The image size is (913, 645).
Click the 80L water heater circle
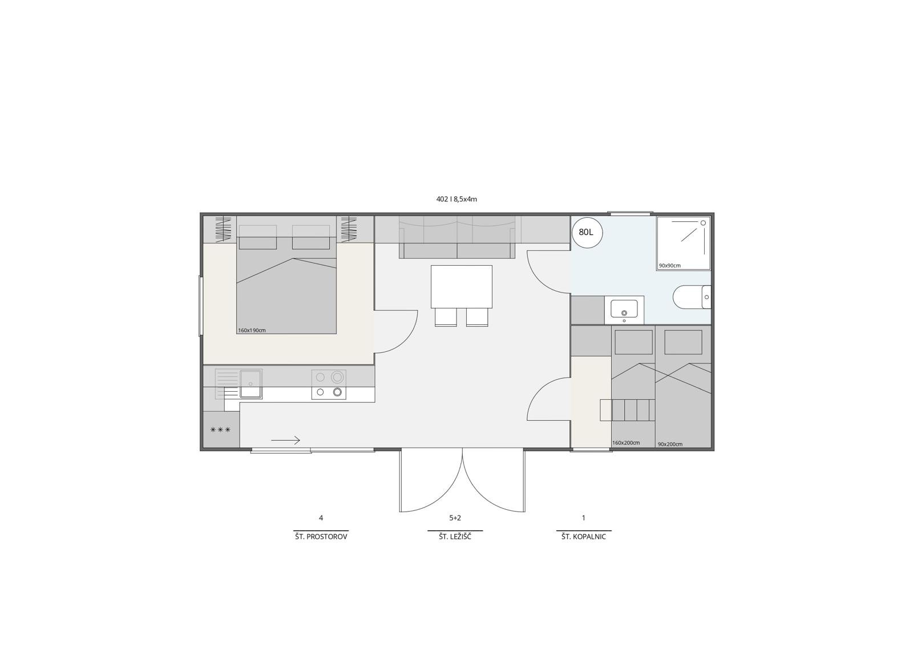[x=587, y=233]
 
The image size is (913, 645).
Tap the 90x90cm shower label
[x=670, y=266]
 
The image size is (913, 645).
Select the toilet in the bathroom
[x=692, y=297]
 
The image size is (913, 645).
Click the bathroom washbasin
[x=624, y=309]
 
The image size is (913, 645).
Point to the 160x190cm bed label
[x=252, y=330]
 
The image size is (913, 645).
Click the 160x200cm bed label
[x=626, y=443]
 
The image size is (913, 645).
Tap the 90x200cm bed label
[x=670, y=444]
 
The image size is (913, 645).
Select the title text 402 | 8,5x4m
[x=457, y=199]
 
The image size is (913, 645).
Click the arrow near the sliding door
[x=285, y=440]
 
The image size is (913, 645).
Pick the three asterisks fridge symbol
[x=220, y=429]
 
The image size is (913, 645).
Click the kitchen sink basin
[x=251, y=383]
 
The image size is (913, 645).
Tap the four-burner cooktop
[x=329, y=384]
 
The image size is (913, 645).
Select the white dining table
[x=462, y=287]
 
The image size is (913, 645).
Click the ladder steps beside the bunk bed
[x=627, y=410]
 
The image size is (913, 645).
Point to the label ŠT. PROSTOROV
[x=321, y=537]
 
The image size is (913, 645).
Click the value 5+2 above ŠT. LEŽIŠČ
[x=455, y=518]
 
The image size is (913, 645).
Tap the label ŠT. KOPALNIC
[x=584, y=537]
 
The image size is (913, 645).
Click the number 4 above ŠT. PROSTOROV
[x=321, y=518]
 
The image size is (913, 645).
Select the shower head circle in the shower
[x=703, y=223]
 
